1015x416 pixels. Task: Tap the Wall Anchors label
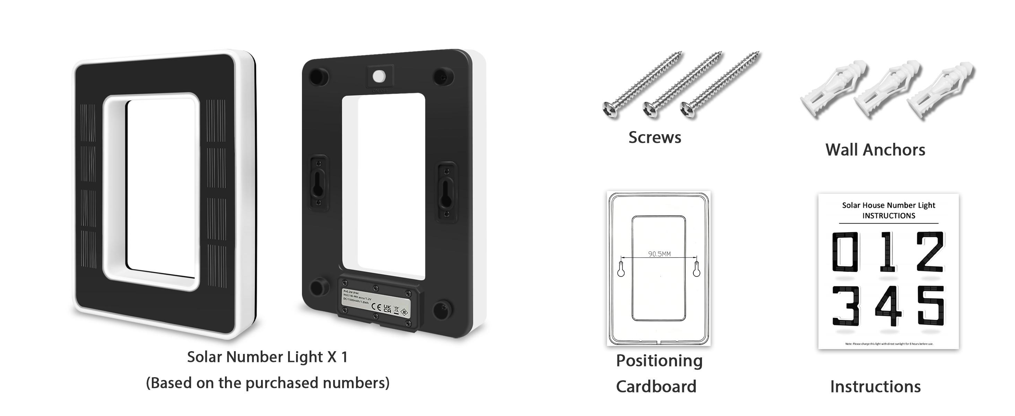click(x=875, y=150)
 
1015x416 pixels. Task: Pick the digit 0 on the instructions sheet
click(x=845, y=252)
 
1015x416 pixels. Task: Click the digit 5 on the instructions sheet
click(x=931, y=306)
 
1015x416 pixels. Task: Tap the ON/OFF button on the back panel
click(x=380, y=76)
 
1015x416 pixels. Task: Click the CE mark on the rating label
click(x=376, y=307)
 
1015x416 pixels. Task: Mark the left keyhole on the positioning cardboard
click(x=621, y=269)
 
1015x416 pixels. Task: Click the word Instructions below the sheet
click(x=875, y=387)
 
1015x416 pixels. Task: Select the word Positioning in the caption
click(x=659, y=361)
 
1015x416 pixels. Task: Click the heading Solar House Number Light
click(x=888, y=205)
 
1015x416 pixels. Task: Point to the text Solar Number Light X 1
click(x=267, y=357)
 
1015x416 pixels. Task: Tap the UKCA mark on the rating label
click(x=387, y=309)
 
